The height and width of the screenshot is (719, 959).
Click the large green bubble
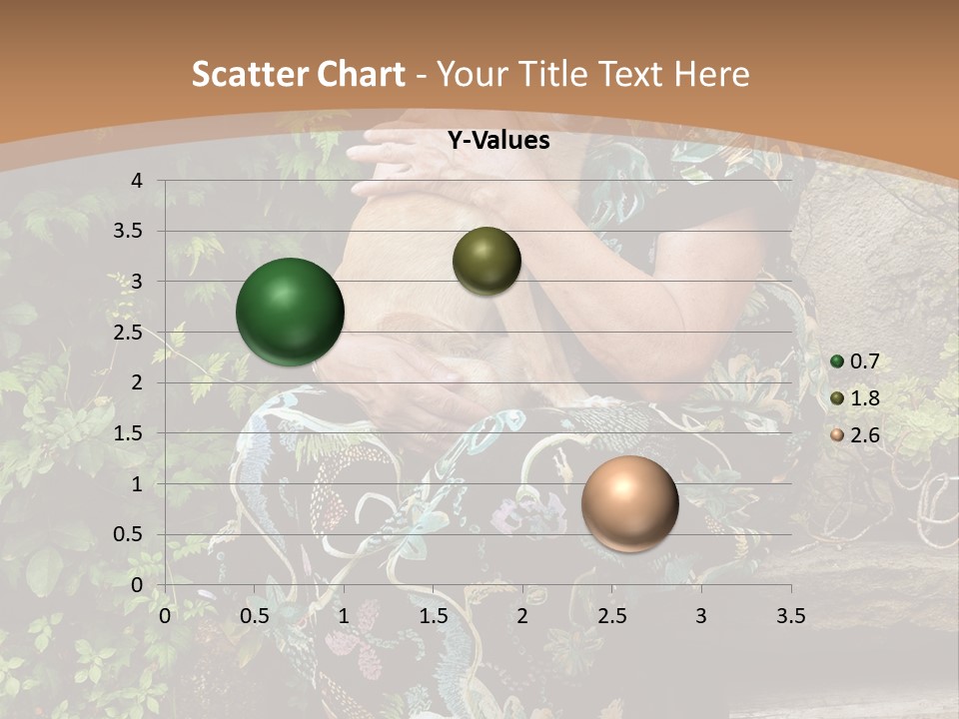click(x=290, y=312)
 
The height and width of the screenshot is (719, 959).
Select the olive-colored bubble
click(x=486, y=261)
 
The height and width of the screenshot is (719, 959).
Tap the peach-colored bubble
click(x=629, y=503)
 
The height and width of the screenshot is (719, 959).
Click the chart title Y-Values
click(x=498, y=141)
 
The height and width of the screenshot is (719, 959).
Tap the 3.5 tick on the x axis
click(x=790, y=616)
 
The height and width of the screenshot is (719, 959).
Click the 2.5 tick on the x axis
click(x=611, y=616)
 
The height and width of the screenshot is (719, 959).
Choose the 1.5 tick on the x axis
click(x=433, y=616)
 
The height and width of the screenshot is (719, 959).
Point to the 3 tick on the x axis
click(x=701, y=616)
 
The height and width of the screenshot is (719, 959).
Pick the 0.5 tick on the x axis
click(x=254, y=616)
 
